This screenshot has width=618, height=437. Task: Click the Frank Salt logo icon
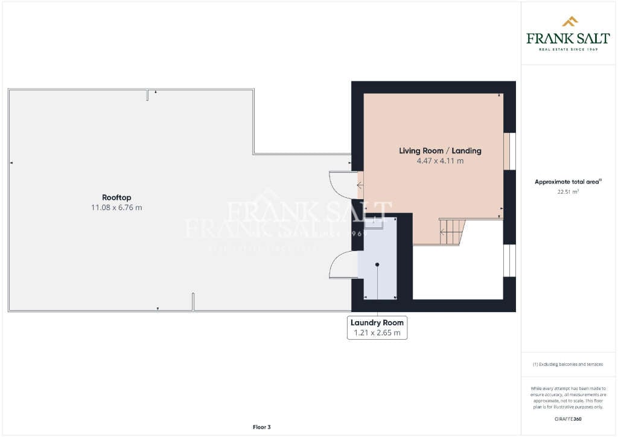569,22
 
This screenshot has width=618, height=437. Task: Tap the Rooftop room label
116,197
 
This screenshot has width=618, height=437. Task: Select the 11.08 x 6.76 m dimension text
116,208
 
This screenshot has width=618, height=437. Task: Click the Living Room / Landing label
440,151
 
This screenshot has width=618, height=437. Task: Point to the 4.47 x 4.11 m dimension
440,161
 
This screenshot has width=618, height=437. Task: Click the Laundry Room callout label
377,322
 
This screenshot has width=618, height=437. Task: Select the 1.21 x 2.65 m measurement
377,333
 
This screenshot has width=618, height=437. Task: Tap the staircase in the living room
452,231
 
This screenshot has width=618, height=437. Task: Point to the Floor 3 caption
261,427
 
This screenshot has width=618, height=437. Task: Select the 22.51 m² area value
568,192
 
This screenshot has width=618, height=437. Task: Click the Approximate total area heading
568,182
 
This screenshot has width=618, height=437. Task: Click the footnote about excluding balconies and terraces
568,364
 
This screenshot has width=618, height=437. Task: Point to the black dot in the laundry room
377,264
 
